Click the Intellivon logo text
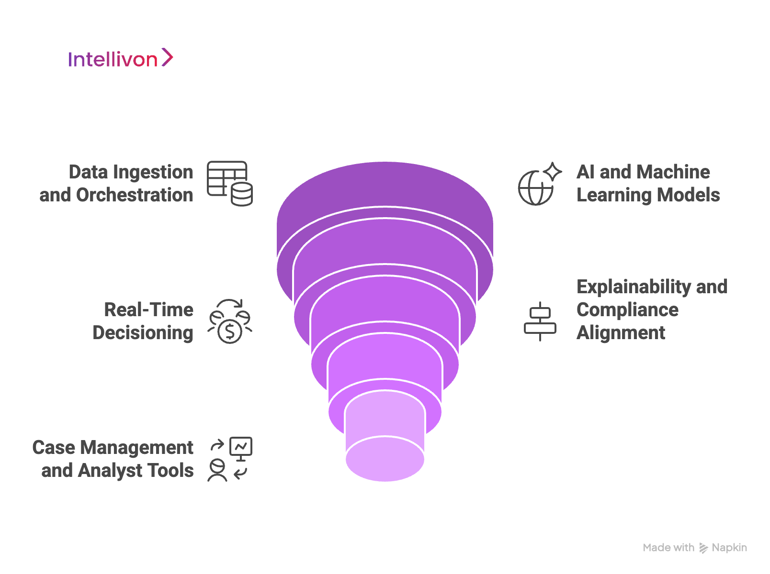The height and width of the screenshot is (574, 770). (113, 59)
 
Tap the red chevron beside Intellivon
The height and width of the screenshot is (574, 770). (167, 57)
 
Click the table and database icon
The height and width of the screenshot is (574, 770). (230, 183)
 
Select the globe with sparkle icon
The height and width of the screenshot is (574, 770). (540, 184)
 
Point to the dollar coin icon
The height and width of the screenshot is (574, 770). (230, 331)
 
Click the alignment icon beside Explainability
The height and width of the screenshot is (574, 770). (540, 321)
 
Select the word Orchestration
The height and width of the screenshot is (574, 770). (135, 195)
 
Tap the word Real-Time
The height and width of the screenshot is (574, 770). (149, 310)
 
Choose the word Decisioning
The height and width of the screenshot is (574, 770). (143, 333)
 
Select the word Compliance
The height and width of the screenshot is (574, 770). (627, 310)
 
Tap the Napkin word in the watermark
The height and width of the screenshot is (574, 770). (729, 548)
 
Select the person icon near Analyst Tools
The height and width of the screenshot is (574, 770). (217, 470)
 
